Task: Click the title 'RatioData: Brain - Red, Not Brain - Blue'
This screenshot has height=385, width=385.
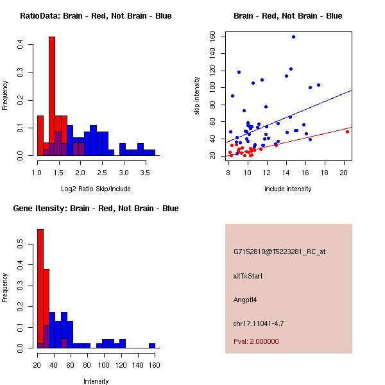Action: coord(95,16)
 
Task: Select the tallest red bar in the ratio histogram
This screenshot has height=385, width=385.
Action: coord(52,96)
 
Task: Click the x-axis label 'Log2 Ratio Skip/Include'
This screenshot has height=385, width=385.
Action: coord(95,188)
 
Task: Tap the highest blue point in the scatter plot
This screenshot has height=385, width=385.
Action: coord(293,37)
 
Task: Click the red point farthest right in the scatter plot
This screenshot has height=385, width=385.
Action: coord(347,131)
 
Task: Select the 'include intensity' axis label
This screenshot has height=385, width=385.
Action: coord(288,189)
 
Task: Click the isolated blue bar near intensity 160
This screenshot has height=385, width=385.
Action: coord(152,345)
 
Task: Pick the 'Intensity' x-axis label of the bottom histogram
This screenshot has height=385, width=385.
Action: coord(96,381)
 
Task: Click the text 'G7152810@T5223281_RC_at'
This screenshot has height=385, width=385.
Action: coord(279,252)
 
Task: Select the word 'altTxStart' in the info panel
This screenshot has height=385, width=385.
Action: coord(248,276)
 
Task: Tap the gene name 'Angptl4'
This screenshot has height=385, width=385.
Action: coord(246,300)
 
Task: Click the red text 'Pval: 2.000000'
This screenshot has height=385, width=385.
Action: coord(256,341)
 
